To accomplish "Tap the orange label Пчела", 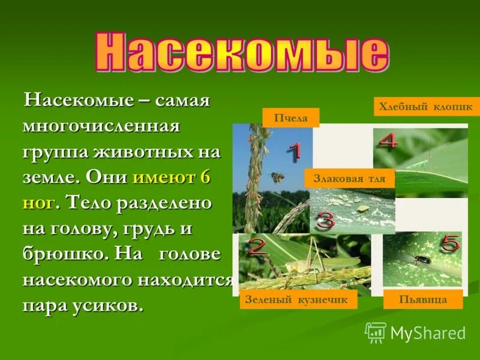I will point(290,118).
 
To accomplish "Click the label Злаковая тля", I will point(349,179).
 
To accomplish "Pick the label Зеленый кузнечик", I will point(298,299).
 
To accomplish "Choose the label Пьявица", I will point(423,299).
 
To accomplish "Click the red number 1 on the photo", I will point(293,152).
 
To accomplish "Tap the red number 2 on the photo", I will point(257,247).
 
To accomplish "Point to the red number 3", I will point(325,221).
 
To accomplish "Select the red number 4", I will point(388,142).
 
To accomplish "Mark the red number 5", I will point(449,244).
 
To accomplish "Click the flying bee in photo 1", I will point(278,177).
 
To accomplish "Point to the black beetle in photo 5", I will point(411,259).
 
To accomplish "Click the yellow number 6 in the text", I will point(206,178).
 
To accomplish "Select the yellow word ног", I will point(40,203).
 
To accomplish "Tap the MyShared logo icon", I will point(376,332).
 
